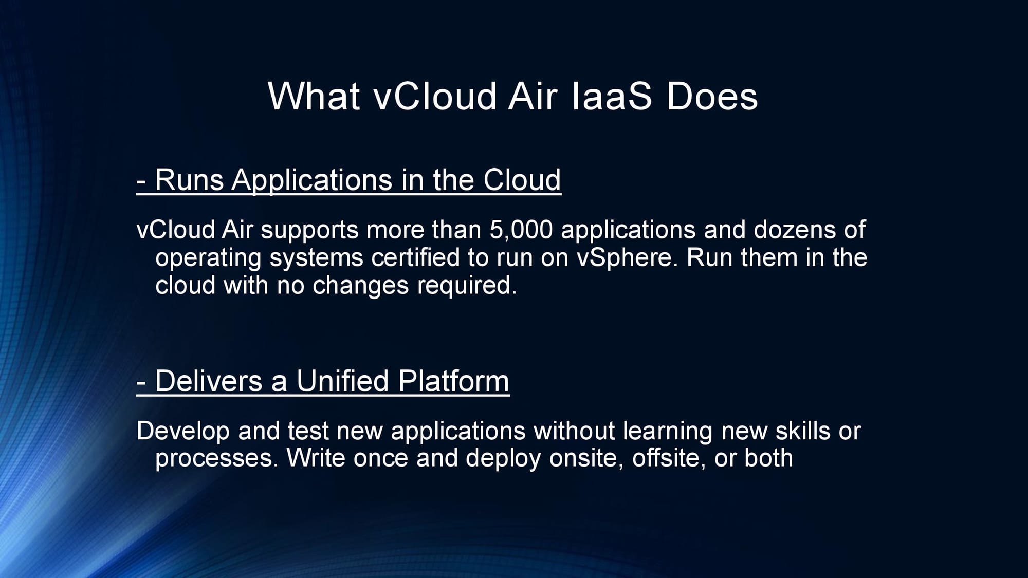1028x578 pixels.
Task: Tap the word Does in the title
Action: coord(712,96)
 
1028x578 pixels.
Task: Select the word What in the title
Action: coord(314,96)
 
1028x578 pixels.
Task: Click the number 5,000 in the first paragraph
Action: coord(521,230)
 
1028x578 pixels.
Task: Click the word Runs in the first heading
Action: coord(189,180)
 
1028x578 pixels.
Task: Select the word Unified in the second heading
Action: coord(342,382)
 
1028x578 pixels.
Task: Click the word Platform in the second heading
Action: coord(453,382)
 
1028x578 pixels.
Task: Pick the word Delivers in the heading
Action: coord(209,382)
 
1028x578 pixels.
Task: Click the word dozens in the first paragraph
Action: coord(794,230)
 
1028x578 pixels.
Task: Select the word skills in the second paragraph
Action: coord(802,431)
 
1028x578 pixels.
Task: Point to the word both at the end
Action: coord(768,458)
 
